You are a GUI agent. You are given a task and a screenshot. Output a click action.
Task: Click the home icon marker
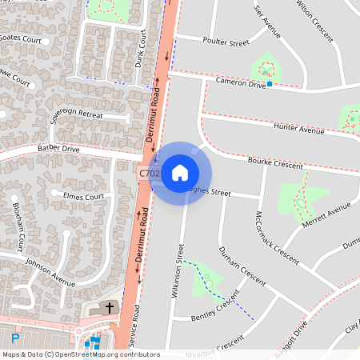(180, 173)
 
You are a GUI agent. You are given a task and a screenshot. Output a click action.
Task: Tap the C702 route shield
(149, 173)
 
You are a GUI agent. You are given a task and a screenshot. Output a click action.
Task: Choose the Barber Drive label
(58, 149)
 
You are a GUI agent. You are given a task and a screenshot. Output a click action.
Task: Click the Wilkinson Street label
(178, 270)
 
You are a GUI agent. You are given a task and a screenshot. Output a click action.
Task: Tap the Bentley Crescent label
(216, 307)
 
